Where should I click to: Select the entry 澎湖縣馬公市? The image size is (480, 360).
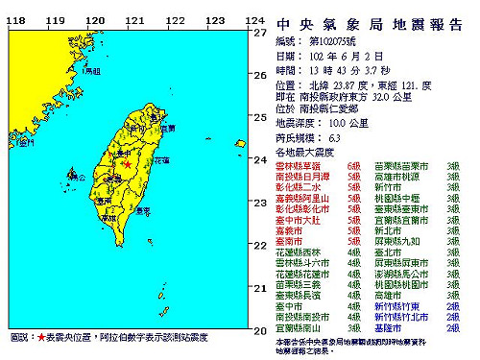click(399, 273)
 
